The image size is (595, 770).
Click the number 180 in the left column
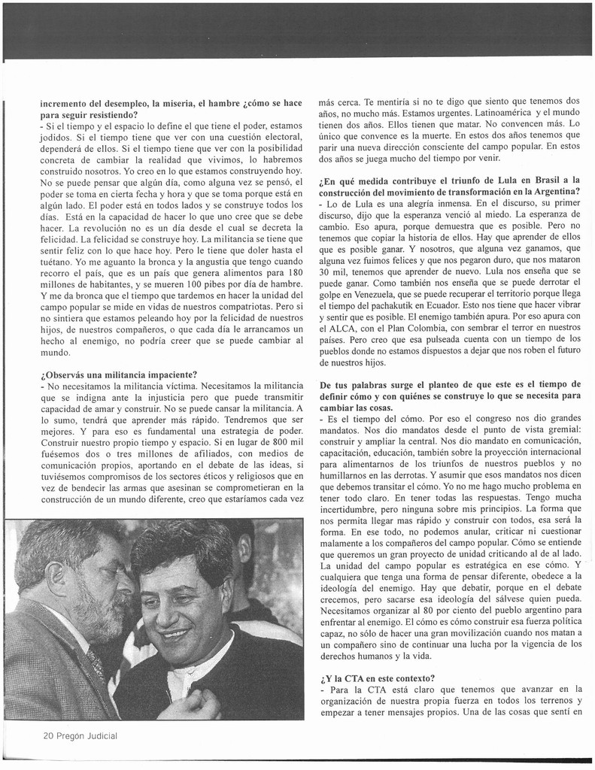[295, 272]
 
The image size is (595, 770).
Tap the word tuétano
[57, 261]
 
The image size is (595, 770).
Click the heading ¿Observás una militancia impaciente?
[119, 374]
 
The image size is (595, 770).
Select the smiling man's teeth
[175, 633]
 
